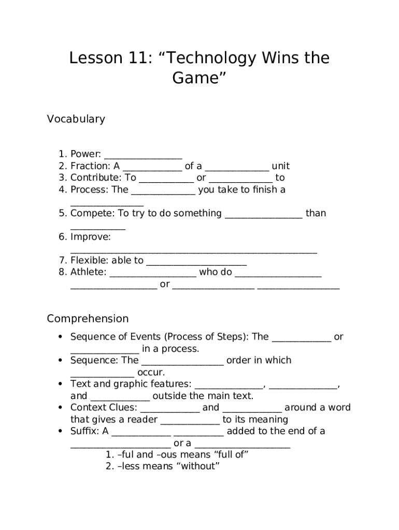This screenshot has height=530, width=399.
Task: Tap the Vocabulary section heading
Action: click(x=76, y=119)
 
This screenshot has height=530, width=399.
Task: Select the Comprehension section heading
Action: click(x=88, y=318)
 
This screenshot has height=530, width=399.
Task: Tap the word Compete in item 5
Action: click(x=92, y=213)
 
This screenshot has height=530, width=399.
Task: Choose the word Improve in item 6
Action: click(x=90, y=237)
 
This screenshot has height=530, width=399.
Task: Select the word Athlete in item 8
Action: click(x=88, y=272)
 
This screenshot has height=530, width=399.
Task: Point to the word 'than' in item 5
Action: click(x=316, y=213)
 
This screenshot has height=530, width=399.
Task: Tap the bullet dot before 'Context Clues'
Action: click(x=61, y=408)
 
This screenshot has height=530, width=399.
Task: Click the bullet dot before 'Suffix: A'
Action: click(x=61, y=431)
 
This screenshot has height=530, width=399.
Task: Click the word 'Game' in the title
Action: click(x=199, y=79)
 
